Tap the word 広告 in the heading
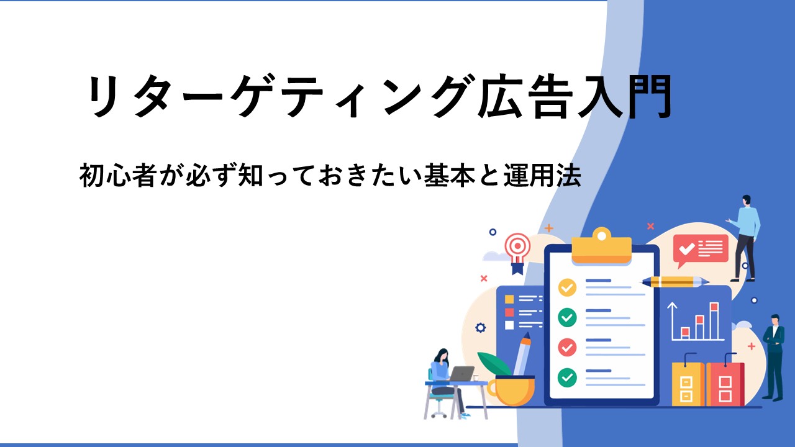point(526,96)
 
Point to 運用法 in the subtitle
point(543,175)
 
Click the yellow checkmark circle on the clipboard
point(567,287)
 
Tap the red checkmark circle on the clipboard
point(567,347)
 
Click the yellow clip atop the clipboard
point(602,245)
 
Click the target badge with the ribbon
point(518,253)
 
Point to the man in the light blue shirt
point(745,238)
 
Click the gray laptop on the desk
point(461,374)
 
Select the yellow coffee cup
point(511,391)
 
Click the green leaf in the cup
point(494,364)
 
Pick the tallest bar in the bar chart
point(714,321)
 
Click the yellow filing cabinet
point(688,384)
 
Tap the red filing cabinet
point(725,384)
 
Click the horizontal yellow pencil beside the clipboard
point(675,282)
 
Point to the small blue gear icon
point(481,328)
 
